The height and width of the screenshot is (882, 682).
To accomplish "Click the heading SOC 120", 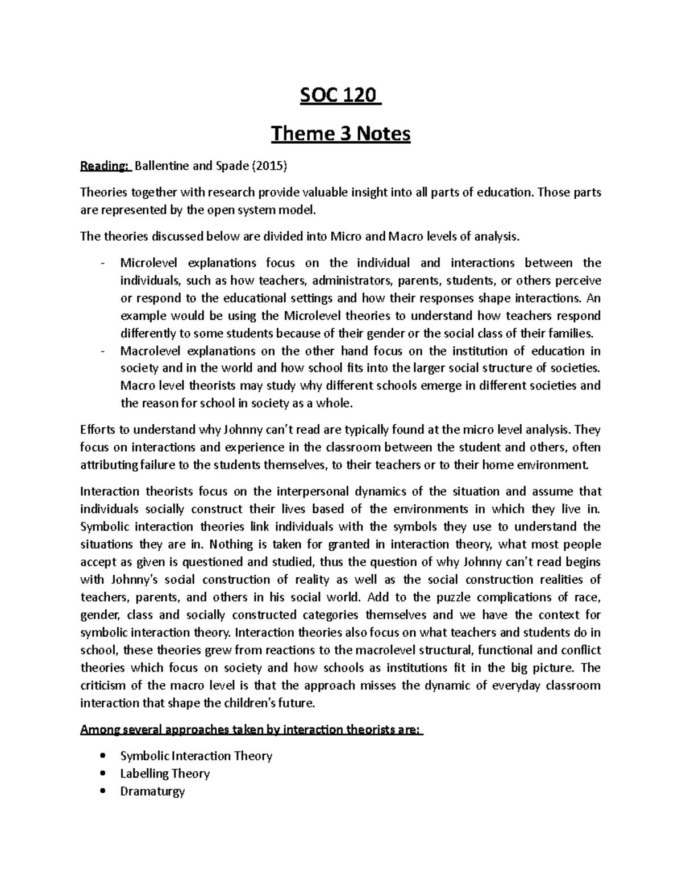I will pos(339,96).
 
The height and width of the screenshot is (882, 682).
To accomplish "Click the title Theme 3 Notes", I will pos(340,134).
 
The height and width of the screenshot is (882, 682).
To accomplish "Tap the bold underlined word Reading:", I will pos(105,166).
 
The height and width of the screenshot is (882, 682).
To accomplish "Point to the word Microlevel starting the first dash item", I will pos(148,262).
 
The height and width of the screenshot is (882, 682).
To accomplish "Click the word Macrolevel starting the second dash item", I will pos(149,350).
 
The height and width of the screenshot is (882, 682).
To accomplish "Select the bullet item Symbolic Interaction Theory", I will pos(196,756).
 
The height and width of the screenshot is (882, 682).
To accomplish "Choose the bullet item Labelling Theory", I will pos(165,774).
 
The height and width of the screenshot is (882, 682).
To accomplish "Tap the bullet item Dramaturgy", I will pos(152,791).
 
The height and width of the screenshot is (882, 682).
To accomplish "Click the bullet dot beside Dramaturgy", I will pos(102,791).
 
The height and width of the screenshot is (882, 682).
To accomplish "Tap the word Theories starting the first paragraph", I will pos(101,193).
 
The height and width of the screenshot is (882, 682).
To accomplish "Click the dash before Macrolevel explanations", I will pos(101,350).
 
